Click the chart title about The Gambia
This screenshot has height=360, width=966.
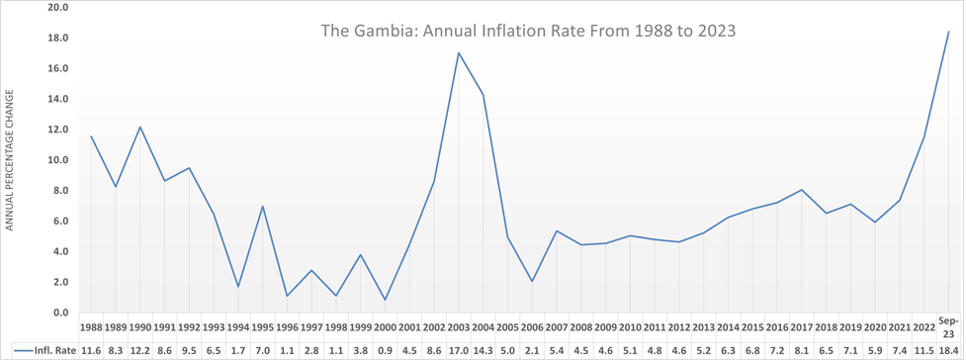(x=528, y=31)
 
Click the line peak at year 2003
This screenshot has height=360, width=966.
(x=459, y=53)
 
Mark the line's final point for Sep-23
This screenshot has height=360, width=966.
(x=949, y=32)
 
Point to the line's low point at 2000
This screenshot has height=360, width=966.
(x=385, y=300)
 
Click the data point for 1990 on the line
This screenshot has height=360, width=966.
(x=139, y=127)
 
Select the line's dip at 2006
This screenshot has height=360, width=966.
(x=532, y=281)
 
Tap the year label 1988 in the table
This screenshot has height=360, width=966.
(x=91, y=325)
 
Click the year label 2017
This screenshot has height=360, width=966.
(x=802, y=325)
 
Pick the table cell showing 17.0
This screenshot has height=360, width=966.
(x=459, y=351)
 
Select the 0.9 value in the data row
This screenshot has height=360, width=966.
(x=385, y=351)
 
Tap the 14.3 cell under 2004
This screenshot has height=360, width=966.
(x=483, y=351)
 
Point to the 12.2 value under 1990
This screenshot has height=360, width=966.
(x=139, y=351)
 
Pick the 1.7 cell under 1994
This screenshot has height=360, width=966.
(x=238, y=351)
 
